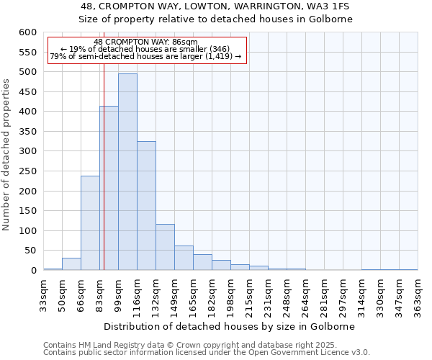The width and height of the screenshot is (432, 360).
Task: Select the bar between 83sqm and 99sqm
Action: coord(109,188)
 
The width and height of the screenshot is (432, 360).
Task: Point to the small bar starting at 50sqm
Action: coord(71,264)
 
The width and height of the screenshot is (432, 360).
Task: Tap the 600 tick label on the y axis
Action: coord(27,32)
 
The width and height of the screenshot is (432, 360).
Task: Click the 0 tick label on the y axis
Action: coord(33,271)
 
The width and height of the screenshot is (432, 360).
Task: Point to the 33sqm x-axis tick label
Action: coord(43,293)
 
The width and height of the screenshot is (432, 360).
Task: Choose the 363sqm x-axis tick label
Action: coord(418,293)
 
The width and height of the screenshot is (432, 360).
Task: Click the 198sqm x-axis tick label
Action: coord(230,293)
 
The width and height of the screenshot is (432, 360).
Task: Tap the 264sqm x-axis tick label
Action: coord(305,293)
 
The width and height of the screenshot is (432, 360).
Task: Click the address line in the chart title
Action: coord(215,6)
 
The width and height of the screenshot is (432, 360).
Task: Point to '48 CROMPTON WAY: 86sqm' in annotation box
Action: coord(145,42)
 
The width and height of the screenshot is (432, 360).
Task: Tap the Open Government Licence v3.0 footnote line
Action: coord(206,353)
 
